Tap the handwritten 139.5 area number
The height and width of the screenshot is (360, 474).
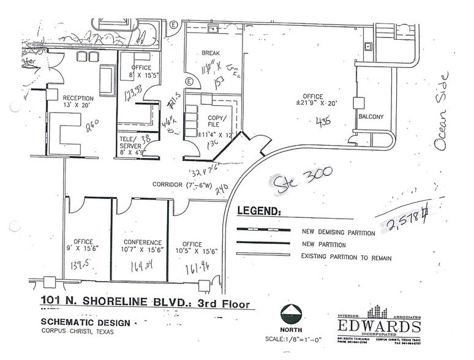[81, 264]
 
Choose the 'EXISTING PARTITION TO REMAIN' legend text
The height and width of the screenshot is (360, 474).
[346, 258]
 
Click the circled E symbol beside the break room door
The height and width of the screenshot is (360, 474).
[189, 81]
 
